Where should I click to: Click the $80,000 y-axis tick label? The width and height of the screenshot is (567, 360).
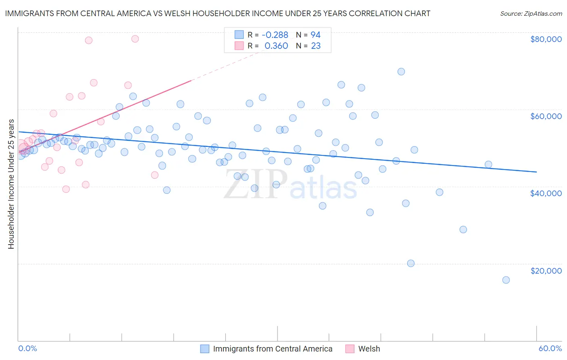pyautogui.click(x=546, y=39)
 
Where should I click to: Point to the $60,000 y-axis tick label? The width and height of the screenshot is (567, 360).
pyautogui.click(x=546, y=116)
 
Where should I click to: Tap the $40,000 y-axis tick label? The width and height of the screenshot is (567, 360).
pyautogui.click(x=546, y=193)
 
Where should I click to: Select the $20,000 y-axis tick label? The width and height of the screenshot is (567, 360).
pyautogui.click(x=546, y=271)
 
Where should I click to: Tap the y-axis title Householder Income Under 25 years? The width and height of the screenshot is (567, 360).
pyautogui.click(x=11, y=184)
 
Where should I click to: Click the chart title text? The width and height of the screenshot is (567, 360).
pyautogui.click(x=217, y=13)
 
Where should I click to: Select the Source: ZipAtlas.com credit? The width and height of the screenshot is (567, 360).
pyautogui.click(x=531, y=13)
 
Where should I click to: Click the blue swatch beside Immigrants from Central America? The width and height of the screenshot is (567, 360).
pyautogui.click(x=205, y=349)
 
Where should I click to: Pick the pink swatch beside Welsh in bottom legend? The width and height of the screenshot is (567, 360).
pyautogui.click(x=350, y=349)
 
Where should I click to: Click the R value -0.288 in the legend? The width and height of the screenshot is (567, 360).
pyautogui.click(x=275, y=35)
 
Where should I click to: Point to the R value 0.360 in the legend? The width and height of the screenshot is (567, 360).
pyautogui.click(x=276, y=46)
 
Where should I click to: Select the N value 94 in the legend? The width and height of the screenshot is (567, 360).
pyautogui.click(x=315, y=35)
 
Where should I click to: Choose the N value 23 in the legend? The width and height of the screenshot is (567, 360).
pyautogui.click(x=315, y=46)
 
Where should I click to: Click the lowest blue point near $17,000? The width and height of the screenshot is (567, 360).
pyautogui.click(x=506, y=280)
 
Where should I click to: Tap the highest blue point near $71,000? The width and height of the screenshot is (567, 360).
pyautogui.click(x=401, y=72)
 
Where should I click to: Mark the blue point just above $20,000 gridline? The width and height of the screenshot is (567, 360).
pyautogui.click(x=411, y=264)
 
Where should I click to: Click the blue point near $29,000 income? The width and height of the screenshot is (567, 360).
pyautogui.click(x=463, y=230)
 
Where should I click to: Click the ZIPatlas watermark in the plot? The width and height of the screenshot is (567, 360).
pyautogui.click(x=290, y=185)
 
